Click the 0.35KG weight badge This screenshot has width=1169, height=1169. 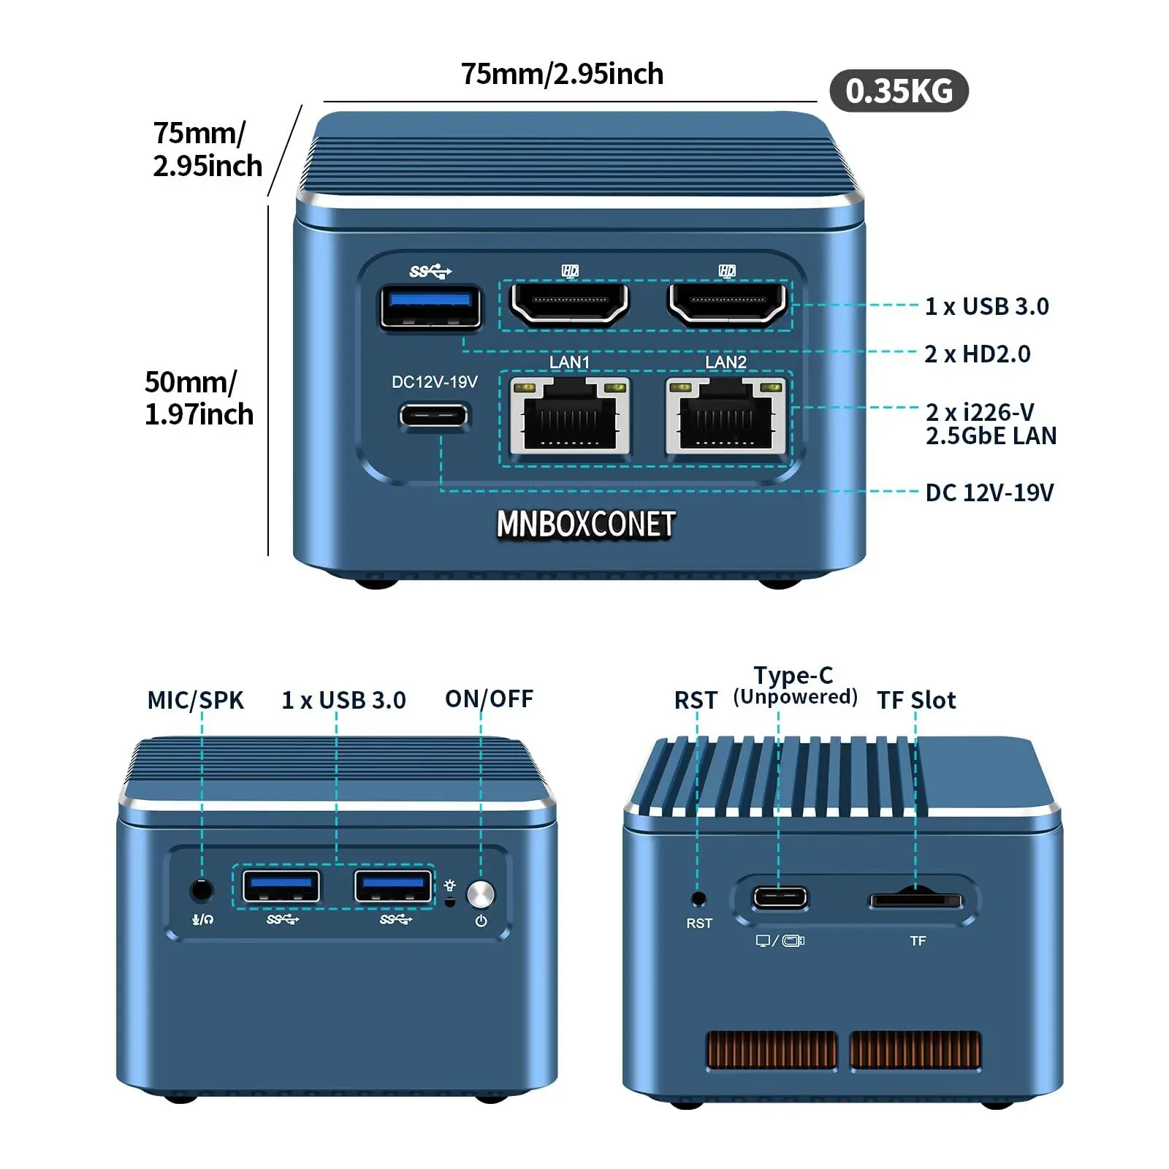(x=899, y=91)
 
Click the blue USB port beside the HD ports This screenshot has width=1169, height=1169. (x=431, y=307)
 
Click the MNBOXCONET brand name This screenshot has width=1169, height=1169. (x=585, y=525)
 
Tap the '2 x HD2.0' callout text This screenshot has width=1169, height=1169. (x=977, y=354)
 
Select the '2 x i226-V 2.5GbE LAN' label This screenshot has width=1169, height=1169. (x=991, y=424)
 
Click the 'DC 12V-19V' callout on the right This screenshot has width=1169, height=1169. (x=989, y=493)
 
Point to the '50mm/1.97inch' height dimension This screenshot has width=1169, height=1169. (x=199, y=398)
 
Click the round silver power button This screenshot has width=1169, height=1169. (x=480, y=894)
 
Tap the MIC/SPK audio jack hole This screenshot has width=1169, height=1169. (x=202, y=891)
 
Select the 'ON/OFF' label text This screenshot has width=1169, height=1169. (x=489, y=699)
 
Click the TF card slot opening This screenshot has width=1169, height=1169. (x=915, y=899)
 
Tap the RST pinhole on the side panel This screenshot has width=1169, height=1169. (x=698, y=898)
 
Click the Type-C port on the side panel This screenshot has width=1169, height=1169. (x=780, y=896)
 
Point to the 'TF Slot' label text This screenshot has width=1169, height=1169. (x=916, y=701)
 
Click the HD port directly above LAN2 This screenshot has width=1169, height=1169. (x=727, y=302)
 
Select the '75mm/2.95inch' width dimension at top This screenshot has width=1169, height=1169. (x=562, y=75)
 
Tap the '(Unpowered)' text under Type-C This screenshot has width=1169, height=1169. (x=795, y=697)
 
